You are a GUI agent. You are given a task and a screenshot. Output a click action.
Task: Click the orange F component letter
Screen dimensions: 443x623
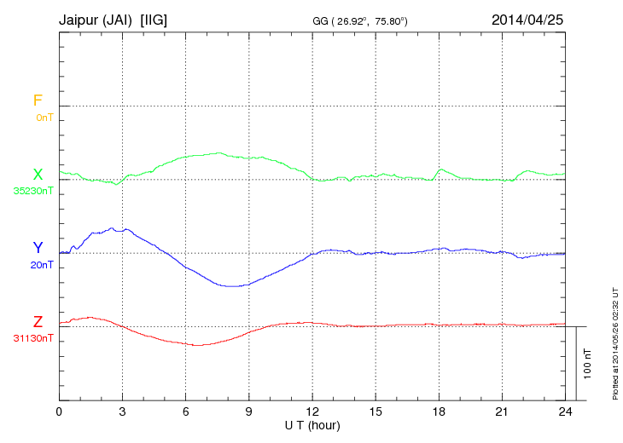click(x=38, y=101)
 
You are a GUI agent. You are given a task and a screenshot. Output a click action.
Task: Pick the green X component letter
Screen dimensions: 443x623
click(x=38, y=175)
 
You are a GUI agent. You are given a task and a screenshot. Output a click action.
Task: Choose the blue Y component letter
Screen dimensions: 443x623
click(x=38, y=248)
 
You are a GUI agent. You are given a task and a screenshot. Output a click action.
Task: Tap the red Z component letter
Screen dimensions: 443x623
click(x=38, y=322)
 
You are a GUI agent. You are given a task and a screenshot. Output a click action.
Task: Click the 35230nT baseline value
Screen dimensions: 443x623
click(x=33, y=191)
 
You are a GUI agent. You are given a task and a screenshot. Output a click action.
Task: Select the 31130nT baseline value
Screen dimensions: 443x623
click(x=33, y=338)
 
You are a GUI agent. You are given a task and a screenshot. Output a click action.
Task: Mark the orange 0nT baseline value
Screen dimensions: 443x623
click(x=44, y=117)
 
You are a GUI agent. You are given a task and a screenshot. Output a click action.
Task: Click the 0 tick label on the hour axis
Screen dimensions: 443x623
click(x=59, y=412)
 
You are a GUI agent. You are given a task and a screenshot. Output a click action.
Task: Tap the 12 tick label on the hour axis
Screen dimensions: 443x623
click(x=312, y=412)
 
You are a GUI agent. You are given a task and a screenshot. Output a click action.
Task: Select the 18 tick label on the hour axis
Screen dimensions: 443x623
click(x=439, y=412)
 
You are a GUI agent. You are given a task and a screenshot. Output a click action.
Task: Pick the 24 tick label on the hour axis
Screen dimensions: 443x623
click(x=565, y=412)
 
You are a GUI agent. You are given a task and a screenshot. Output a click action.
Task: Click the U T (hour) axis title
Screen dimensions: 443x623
click(x=312, y=424)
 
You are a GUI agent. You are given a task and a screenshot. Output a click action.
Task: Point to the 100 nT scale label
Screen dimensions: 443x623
click(x=588, y=364)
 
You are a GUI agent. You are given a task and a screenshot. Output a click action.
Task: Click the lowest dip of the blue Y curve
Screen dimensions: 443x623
click(x=232, y=286)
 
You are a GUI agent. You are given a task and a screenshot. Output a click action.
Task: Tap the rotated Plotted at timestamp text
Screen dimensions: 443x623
click(x=614, y=341)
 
